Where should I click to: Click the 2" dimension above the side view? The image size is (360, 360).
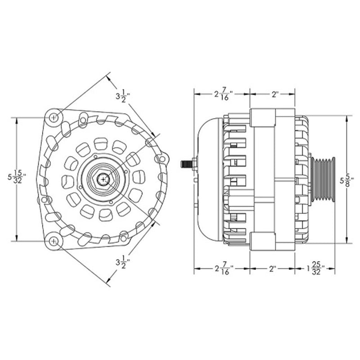275,94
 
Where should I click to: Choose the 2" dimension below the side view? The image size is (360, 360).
272,270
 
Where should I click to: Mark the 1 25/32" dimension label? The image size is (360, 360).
315,270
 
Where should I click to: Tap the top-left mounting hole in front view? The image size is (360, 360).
54,117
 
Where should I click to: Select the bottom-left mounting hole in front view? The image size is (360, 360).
54,241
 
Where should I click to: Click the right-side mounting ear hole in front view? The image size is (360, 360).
162,158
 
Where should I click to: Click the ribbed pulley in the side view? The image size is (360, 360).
323,179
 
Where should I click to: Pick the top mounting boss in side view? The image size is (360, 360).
262,118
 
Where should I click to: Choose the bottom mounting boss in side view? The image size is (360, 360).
262,241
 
